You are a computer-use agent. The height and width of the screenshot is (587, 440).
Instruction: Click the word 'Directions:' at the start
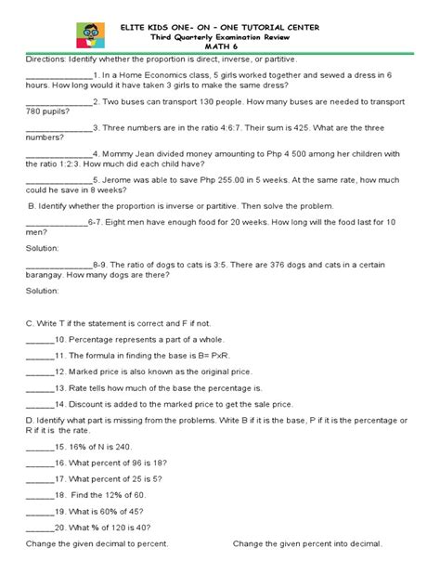pyautogui.click(x=47, y=59)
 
